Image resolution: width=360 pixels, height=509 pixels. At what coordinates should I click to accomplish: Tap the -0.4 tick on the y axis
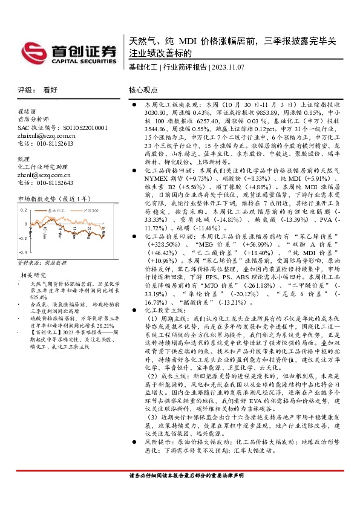(x=23, y=250)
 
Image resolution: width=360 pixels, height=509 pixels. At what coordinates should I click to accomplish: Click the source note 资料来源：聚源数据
(x=42, y=262)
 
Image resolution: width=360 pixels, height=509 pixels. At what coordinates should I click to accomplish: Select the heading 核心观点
(x=143, y=89)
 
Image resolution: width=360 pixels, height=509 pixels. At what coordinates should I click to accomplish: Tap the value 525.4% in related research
(x=39, y=297)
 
